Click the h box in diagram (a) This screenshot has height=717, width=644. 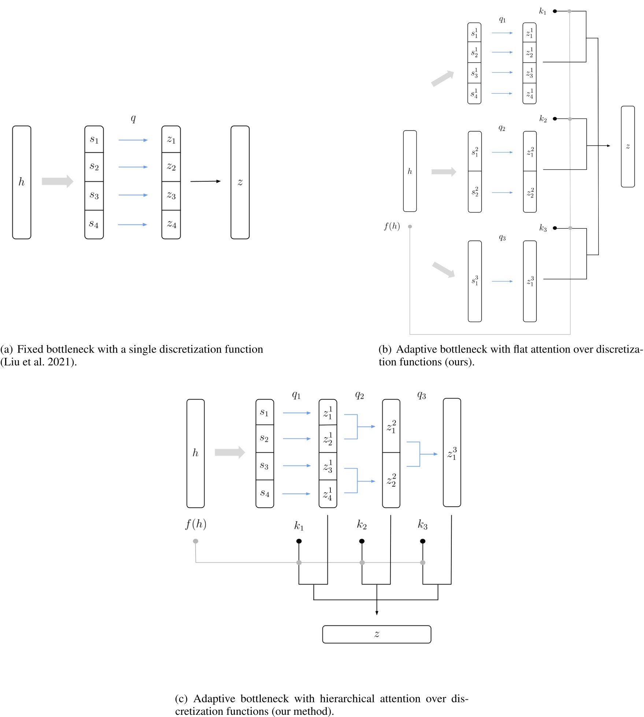click(x=22, y=182)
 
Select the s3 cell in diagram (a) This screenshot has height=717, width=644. click(x=94, y=196)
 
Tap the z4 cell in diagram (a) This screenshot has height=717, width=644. click(x=171, y=224)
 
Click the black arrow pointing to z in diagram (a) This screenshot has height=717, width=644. click(x=205, y=181)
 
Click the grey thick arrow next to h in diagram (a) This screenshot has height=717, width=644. click(x=57, y=181)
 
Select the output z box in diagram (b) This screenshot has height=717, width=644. click(x=628, y=146)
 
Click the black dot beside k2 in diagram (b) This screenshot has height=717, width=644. click(x=555, y=119)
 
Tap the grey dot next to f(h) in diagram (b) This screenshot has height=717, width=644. click(x=410, y=227)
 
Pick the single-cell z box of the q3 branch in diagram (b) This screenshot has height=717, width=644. click(x=530, y=281)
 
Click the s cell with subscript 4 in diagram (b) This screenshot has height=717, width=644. click(x=474, y=94)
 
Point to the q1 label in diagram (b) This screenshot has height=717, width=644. click(x=502, y=20)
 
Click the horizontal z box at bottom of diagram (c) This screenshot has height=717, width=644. click(x=377, y=634)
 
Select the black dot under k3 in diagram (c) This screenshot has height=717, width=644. click(x=422, y=541)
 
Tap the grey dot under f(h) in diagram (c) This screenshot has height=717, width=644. click(x=196, y=541)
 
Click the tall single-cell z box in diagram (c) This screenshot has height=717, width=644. click(x=452, y=453)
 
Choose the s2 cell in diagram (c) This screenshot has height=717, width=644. click(x=264, y=438)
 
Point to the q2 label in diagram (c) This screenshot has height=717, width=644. click(x=359, y=395)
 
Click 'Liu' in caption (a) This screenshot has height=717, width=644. click(x=11, y=362)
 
